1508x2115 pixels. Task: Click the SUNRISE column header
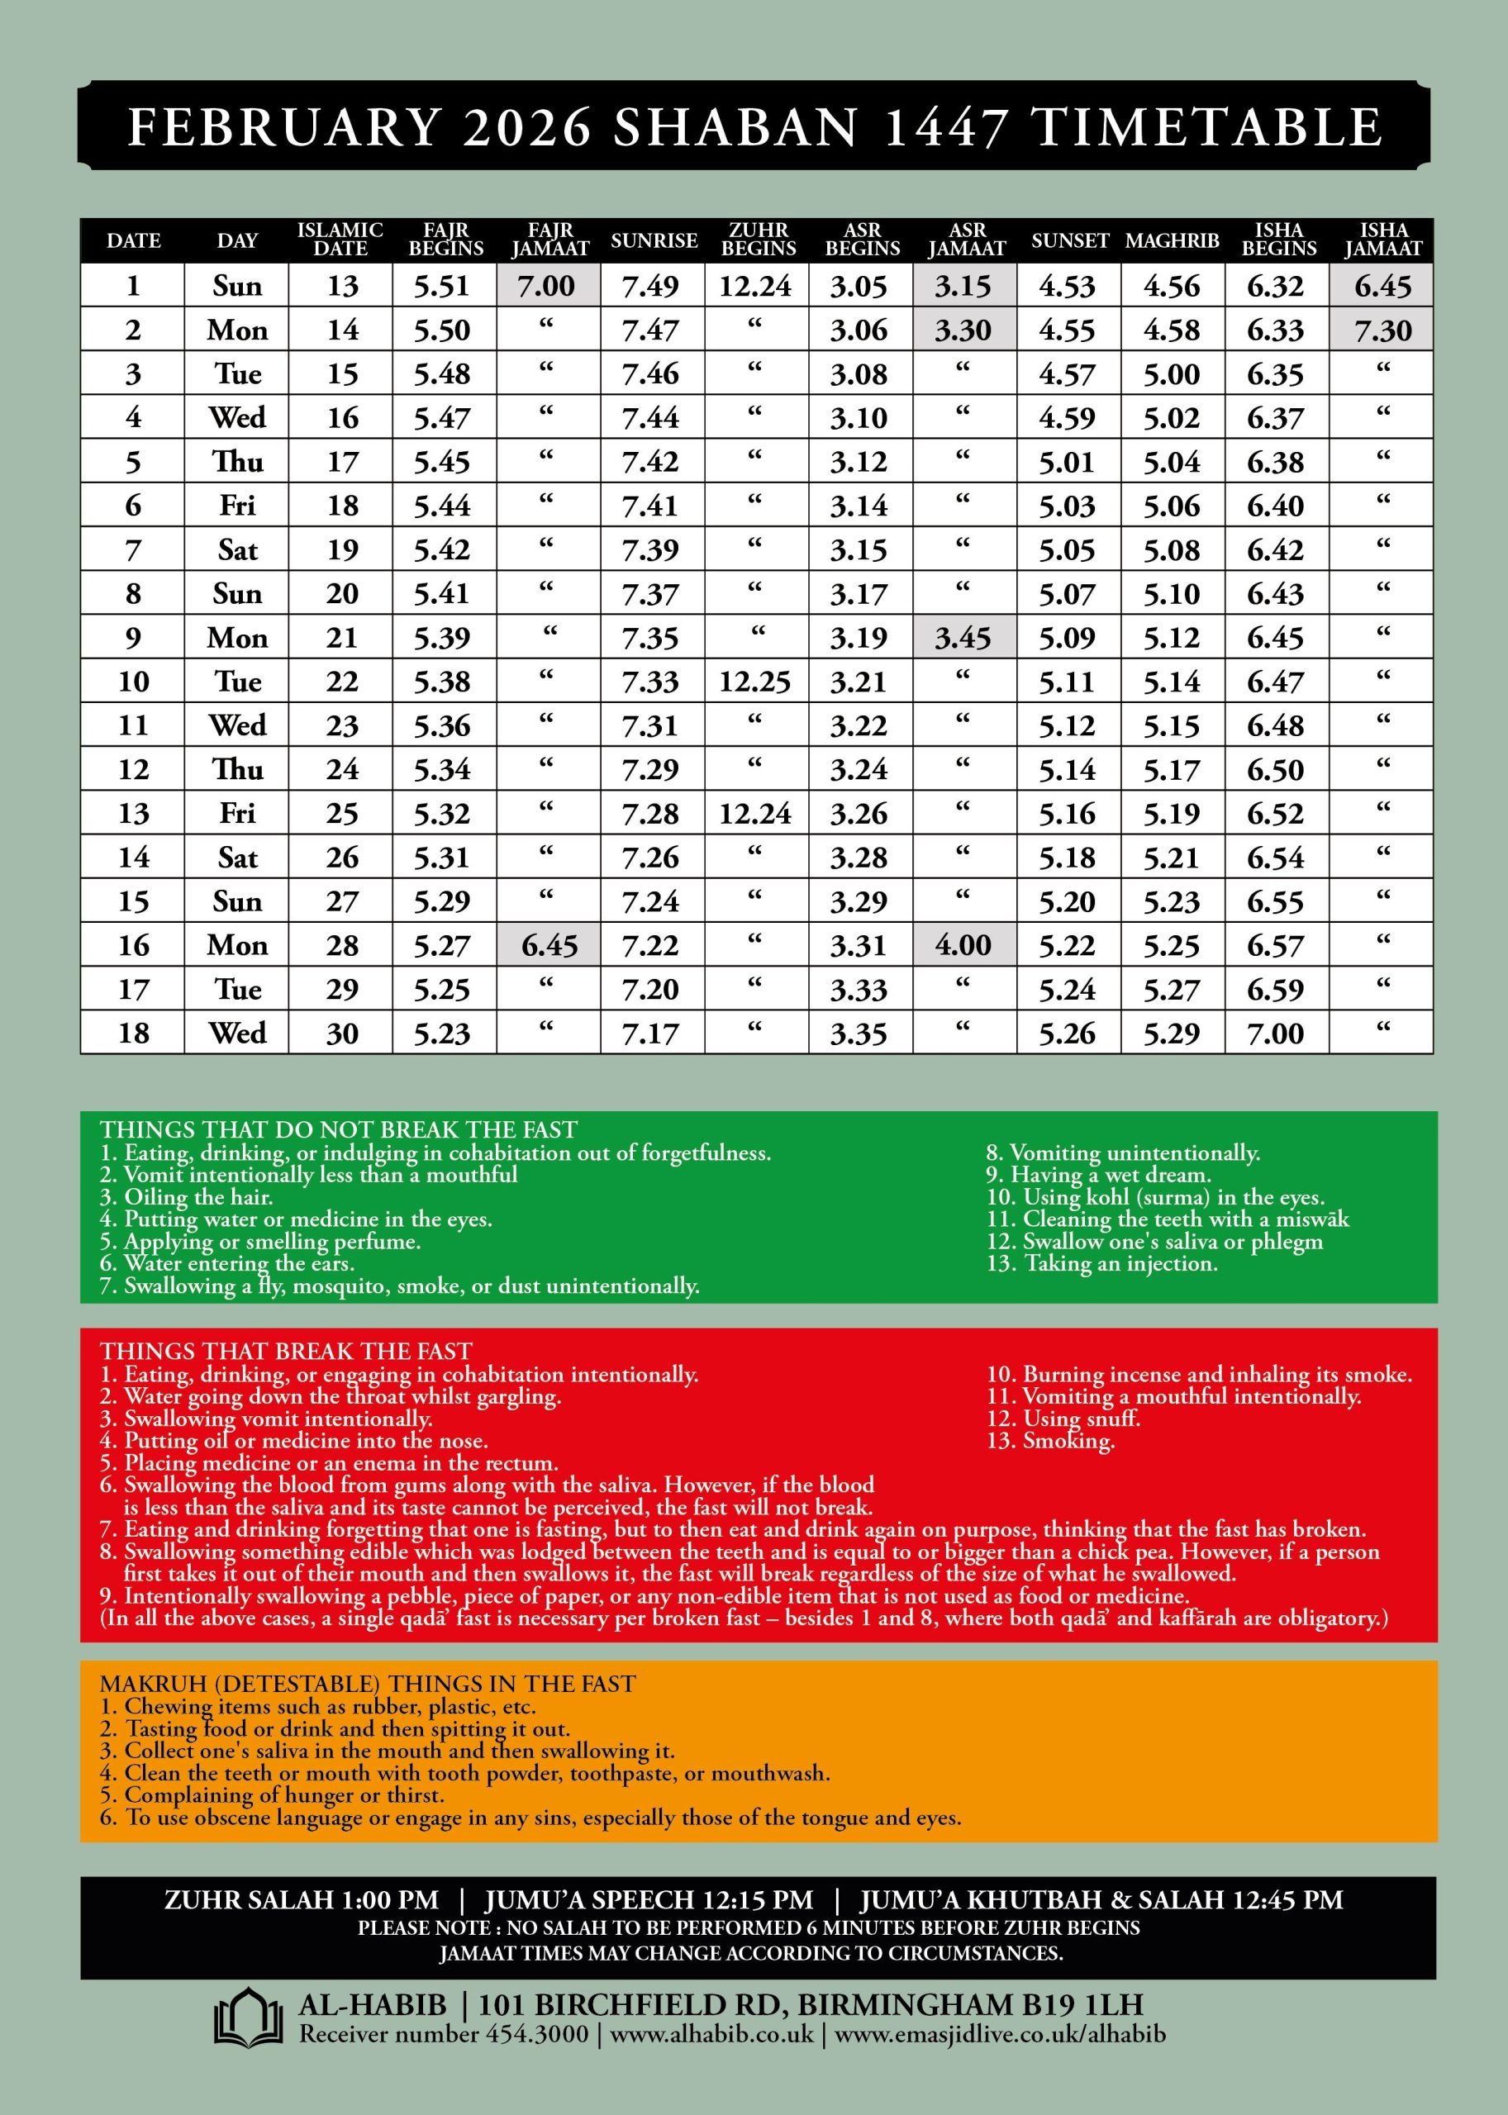point(654,240)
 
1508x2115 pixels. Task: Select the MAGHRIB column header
point(1172,240)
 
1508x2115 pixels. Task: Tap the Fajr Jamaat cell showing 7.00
point(548,286)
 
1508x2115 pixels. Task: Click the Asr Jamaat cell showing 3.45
point(963,638)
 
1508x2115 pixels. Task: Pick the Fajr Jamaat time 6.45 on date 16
point(549,945)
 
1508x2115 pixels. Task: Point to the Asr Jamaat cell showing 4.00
point(963,945)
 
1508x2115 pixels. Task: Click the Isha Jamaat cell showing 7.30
point(1382,330)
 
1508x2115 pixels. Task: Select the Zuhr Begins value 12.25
point(755,682)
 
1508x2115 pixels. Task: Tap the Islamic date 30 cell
point(342,1034)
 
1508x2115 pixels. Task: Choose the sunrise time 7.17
point(650,1034)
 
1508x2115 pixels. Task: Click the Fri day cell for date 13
point(237,813)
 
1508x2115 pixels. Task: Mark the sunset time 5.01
point(1067,463)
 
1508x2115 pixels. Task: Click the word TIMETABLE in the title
point(1208,127)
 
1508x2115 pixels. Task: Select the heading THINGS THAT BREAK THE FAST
point(286,1351)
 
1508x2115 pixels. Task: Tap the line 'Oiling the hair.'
point(187,1197)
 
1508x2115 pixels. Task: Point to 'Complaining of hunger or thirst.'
point(272,1794)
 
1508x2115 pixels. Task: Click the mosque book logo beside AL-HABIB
point(248,2018)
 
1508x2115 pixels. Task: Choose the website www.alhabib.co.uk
point(711,2034)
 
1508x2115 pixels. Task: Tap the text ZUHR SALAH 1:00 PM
point(301,1900)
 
